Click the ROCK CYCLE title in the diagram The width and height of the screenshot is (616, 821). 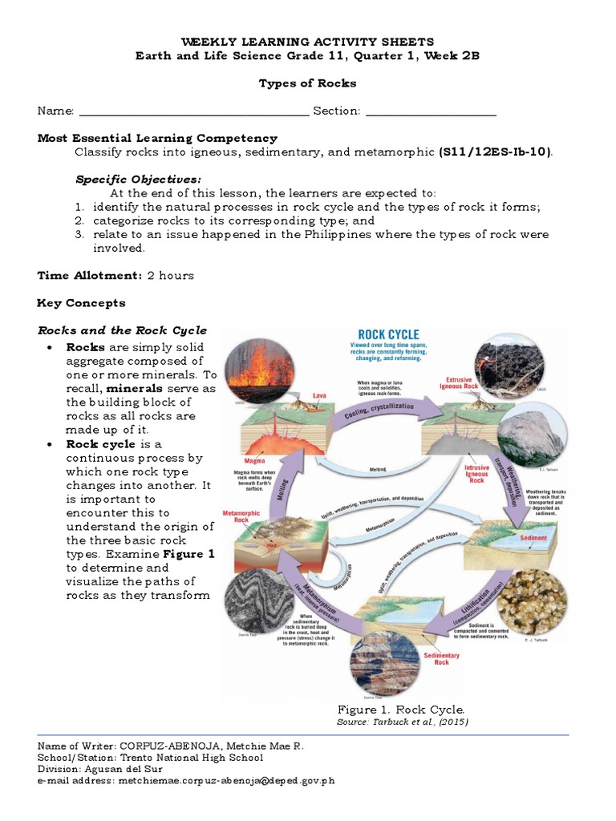388,334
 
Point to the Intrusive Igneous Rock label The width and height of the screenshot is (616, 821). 476,473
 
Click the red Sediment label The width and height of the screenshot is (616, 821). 533,538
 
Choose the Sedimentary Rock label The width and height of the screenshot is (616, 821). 442,658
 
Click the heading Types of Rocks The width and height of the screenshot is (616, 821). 307,83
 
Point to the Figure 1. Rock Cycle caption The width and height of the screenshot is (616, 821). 400,710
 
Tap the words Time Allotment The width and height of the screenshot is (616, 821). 90,276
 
